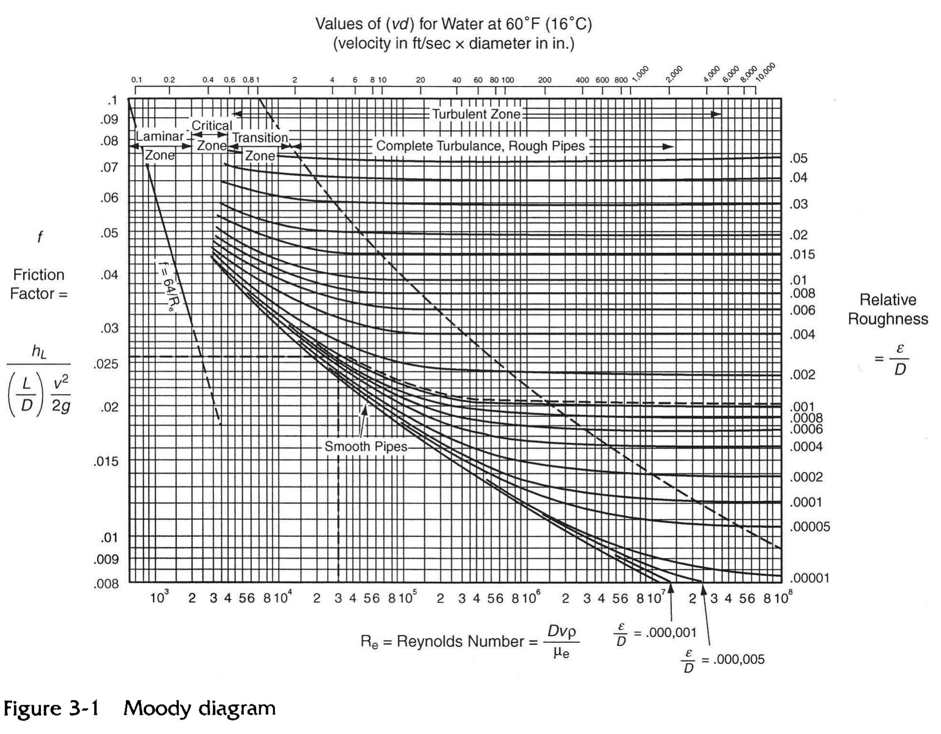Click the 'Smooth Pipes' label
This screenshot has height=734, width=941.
tap(366, 447)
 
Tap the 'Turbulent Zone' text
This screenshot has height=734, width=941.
tap(476, 114)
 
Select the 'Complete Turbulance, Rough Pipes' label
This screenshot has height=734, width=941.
tap(480, 146)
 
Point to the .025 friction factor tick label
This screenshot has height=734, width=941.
tap(106, 364)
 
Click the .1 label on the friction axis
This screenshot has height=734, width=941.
tap(112, 101)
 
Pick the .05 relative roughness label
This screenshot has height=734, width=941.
tap(798, 159)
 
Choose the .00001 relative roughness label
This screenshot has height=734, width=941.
tap(810, 578)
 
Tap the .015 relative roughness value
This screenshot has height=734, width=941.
tap(802, 255)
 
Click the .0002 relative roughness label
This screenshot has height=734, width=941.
tap(807, 477)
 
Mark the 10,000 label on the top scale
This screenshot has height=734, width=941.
tap(765, 72)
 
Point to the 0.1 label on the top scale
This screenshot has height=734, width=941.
tap(136, 80)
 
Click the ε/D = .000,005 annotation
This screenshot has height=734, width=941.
tap(723, 660)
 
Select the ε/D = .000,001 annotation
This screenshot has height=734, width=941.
tap(655, 633)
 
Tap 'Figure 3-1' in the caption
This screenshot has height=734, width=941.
tap(51, 709)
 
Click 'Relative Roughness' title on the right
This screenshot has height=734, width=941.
tap(888, 309)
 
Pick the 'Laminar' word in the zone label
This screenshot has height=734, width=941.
tap(159, 136)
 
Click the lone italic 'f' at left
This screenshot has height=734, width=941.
tap(40, 237)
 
